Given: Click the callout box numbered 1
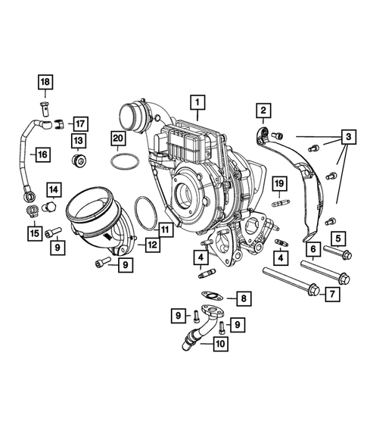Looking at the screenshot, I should [x=196, y=101].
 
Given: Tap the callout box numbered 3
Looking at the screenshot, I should [x=347, y=137].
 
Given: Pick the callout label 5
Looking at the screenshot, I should [x=337, y=237].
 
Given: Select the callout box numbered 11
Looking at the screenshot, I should [x=166, y=226].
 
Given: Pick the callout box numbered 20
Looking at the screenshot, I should [x=117, y=137].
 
